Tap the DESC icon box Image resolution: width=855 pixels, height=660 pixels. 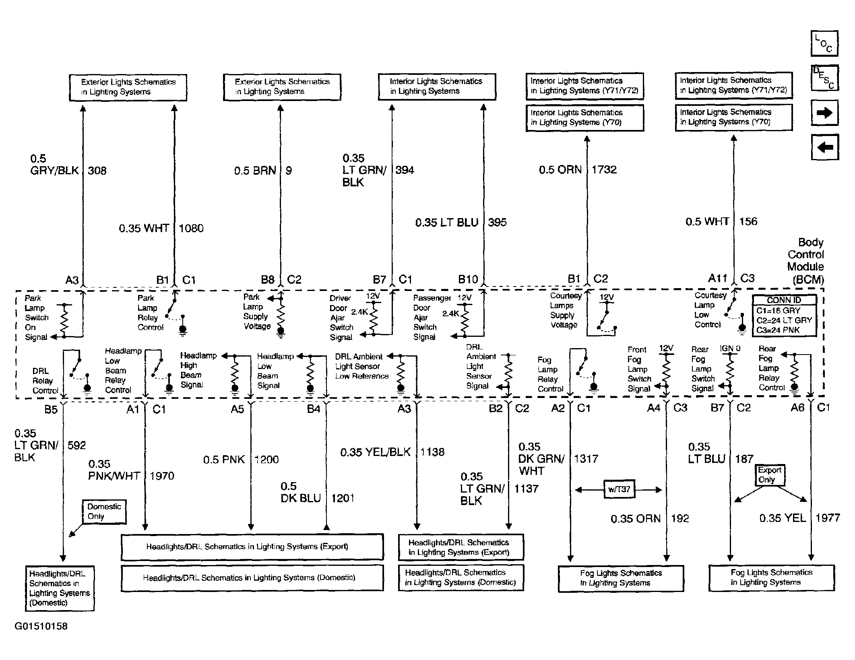pos(824,78)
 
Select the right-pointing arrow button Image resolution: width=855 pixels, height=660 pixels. pos(824,113)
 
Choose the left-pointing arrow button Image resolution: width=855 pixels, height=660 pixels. pos(825,147)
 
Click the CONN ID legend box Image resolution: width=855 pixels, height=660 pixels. pos(784,315)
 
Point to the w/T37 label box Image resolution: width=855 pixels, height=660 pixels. pos(619,489)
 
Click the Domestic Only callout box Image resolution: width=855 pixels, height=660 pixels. pos(104,512)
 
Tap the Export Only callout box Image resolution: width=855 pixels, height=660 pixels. pos(770,475)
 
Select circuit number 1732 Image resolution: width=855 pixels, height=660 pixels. pos(604,170)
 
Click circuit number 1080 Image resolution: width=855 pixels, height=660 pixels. pos(191,228)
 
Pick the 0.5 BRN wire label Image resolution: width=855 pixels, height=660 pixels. pos(255,171)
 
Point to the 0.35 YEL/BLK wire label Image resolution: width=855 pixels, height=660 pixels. pos(376,452)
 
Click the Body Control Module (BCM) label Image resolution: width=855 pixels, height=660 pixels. pos(806,261)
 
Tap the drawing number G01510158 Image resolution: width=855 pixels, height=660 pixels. pos(41,626)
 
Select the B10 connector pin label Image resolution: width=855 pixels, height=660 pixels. pos(468,279)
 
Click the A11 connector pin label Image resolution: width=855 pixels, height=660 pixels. pos(718,278)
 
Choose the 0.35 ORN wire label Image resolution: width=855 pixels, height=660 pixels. pos(636,519)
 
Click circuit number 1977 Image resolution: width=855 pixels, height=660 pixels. pos(828,518)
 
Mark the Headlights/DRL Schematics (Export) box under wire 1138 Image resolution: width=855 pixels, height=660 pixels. pos(461,547)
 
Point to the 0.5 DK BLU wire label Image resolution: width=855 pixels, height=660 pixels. pos(301,492)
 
